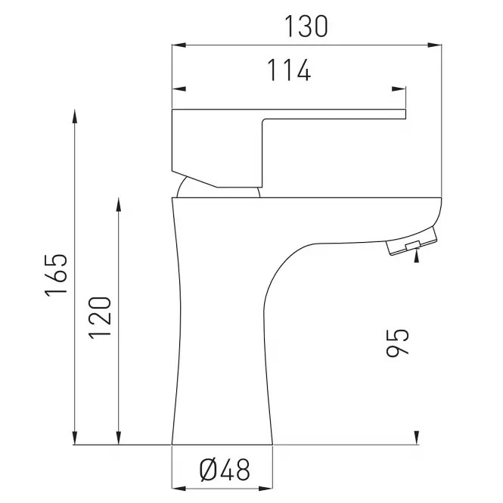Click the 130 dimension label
tap(306, 26)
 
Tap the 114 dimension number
tap(289, 70)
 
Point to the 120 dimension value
tap(100, 318)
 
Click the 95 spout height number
tap(398, 343)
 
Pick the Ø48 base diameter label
tap(224, 470)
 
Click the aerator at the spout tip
tap(412, 241)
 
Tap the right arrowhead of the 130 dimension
tap(435, 45)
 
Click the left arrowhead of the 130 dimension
tap(179, 45)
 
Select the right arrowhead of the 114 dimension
tap(399, 88)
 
